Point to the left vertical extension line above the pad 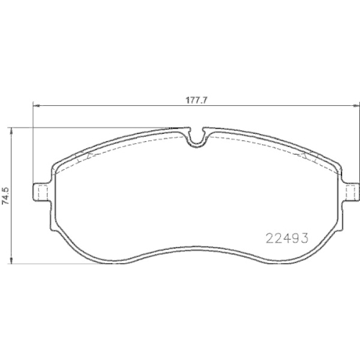click(31, 144)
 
